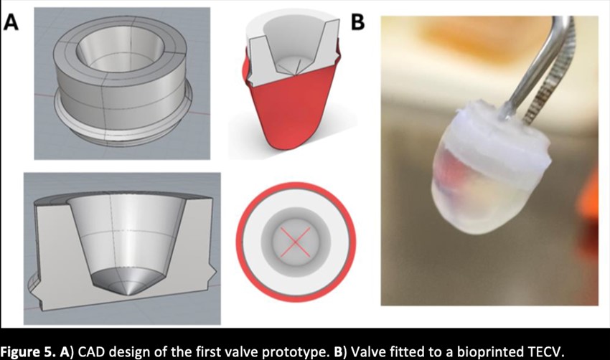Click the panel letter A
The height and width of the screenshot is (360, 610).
(x=11, y=22)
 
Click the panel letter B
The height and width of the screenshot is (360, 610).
(x=357, y=22)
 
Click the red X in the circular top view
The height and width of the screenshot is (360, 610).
(x=295, y=242)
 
